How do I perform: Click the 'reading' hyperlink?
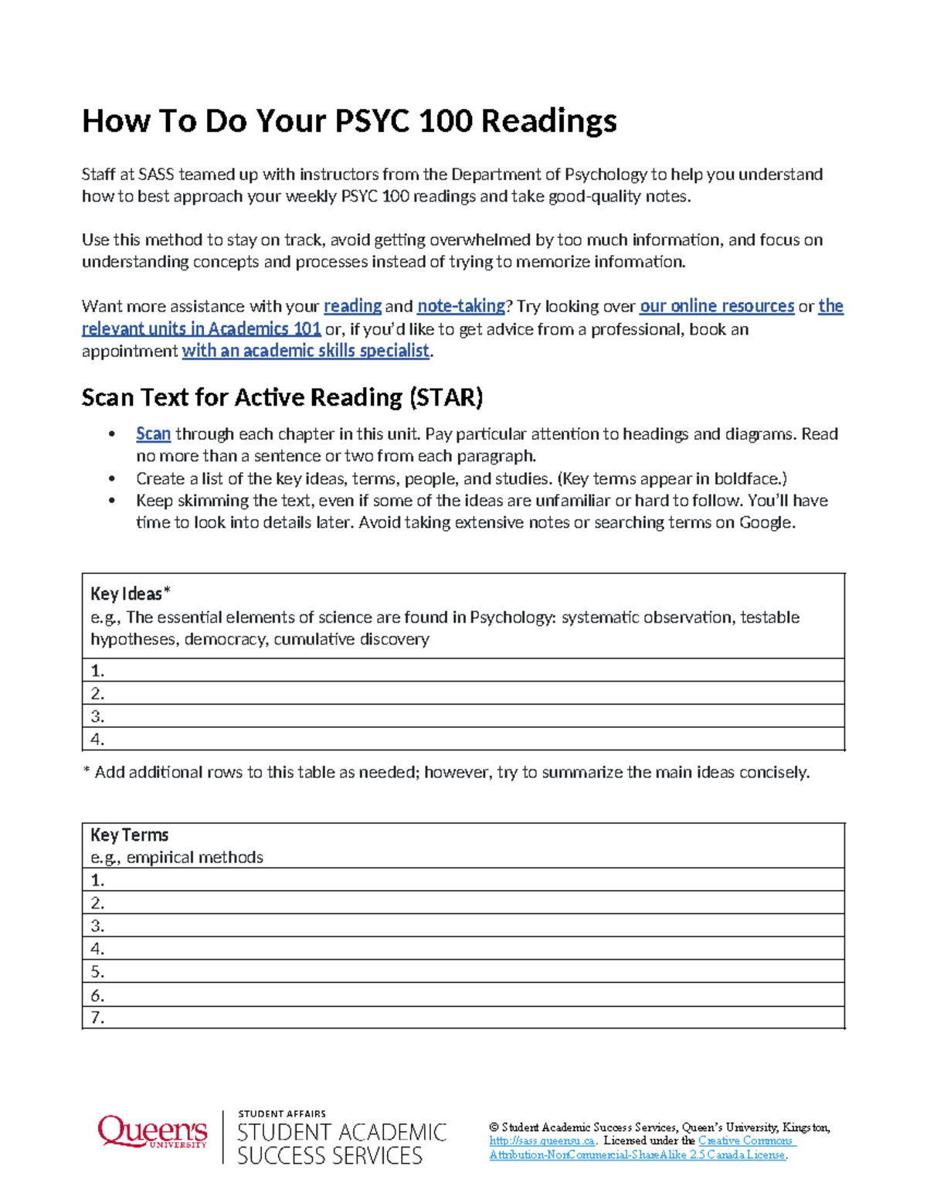coord(352,306)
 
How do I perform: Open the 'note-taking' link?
coord(460,306)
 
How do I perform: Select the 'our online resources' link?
coord(716,306)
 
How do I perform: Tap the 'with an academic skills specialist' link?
coord(305,351)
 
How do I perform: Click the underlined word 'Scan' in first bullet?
coord(153,434)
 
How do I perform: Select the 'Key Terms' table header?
coord(129,835)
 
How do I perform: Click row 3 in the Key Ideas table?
coord(463,716)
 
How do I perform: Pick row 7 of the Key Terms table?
coord(463,1018)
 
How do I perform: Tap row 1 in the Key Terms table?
coord(463,880)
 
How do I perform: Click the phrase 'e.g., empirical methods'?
coord(177,857)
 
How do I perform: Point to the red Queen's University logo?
coord(152,1132)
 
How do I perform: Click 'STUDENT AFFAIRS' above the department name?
coord(282,1113)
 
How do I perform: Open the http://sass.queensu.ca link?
coord(542,1141)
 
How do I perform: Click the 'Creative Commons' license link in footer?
coord(746,1141)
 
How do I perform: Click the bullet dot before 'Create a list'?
coord(113,479)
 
